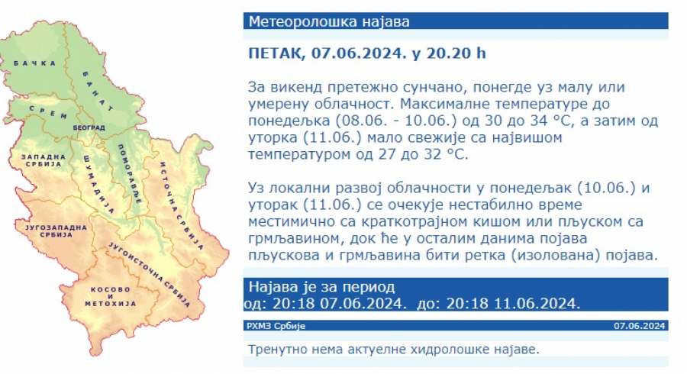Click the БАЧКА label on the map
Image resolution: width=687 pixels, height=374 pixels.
coord(35,63)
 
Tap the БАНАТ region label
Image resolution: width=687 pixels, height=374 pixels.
coord(98,91)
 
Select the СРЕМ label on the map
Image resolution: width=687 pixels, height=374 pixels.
coord(48,112)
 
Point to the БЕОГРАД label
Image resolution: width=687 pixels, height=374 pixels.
coord(89,128)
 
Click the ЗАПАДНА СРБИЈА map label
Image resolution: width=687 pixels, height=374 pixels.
coord(44,160)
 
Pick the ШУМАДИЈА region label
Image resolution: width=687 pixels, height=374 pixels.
coord(98,183)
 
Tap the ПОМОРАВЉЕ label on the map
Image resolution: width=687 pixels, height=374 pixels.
coord(129,173)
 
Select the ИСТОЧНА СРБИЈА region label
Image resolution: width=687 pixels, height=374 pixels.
coord(181,206)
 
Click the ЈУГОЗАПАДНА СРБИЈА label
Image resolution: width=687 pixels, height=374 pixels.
coord(56,231)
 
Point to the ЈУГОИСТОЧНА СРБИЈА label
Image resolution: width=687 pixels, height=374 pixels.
coord(149,275)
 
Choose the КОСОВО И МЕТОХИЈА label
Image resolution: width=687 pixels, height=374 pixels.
coord(111,296)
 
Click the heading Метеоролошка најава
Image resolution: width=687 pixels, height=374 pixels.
coord(329,21)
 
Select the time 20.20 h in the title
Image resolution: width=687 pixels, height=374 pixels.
coord(456,53)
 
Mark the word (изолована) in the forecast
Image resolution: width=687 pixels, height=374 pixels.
coord(555,256)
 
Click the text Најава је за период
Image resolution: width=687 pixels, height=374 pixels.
coord(321,287)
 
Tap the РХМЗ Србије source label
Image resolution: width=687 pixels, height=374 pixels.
coord(276,326)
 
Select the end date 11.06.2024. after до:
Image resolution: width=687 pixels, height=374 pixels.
coord(537,304)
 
